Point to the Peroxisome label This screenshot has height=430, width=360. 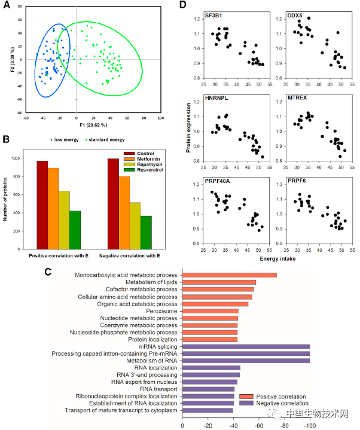pos(161,311)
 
